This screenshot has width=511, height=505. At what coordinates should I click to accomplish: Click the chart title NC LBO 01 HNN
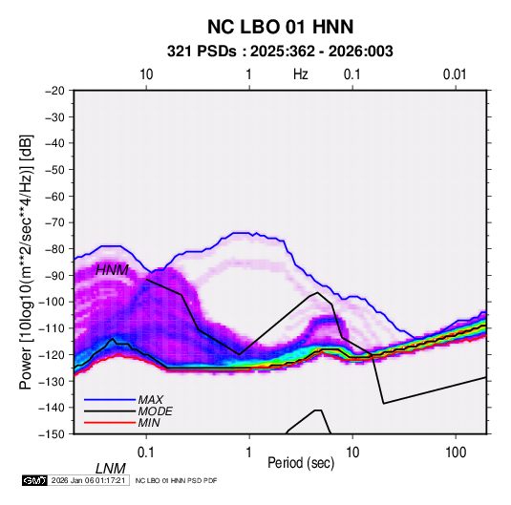coord(280,27)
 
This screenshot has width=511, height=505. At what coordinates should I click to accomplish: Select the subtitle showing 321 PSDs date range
coord(280,52)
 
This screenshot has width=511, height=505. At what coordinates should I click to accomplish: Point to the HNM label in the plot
coord(112,270)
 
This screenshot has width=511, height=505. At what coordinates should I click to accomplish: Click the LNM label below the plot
coord(111,469)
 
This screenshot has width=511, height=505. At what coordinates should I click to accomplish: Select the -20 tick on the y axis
coord(54,91)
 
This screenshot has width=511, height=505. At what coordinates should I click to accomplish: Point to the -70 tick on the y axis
coord(54,222)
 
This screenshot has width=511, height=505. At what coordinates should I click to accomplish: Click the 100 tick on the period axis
coord(456,452)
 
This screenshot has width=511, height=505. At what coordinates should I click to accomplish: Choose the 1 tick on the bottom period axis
coord(249,452)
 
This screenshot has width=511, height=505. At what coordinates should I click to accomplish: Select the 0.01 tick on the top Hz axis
coord(455,74)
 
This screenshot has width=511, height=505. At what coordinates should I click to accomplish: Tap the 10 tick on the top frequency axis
coord(146,74)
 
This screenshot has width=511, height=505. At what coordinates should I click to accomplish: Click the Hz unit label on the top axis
coord(301,74)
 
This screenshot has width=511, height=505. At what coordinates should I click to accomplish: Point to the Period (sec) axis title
coord(301,463)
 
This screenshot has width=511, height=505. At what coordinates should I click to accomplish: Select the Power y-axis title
coord(26,262)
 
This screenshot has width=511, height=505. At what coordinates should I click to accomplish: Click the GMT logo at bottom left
coord(35,480)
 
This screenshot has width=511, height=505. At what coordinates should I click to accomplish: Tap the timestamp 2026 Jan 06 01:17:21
coord(88,480)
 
